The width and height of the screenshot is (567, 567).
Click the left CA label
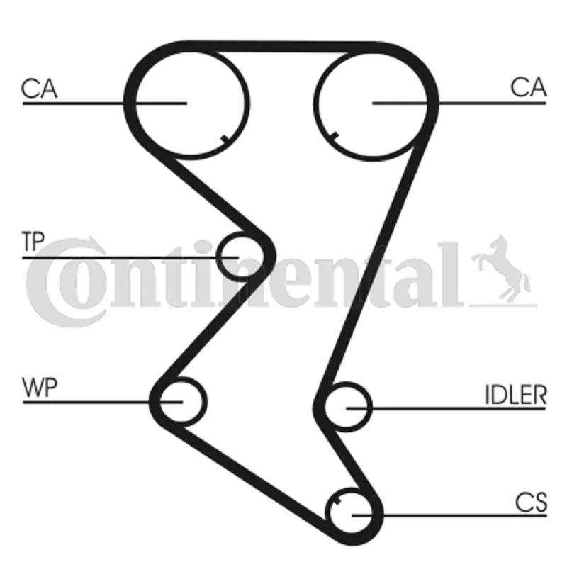[39, 88]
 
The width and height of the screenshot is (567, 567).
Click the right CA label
[528, 87]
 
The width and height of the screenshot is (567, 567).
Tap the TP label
[33, 241]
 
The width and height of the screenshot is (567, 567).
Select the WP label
[40, 387]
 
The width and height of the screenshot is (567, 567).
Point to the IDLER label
[516, 395]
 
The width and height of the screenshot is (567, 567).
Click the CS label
[531, 503]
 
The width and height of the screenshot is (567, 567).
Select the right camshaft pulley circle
[313, 105]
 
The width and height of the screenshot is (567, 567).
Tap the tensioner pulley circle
[217, 257]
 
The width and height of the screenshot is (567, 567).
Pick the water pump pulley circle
[207, 402]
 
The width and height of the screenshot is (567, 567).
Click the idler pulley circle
[371, 407]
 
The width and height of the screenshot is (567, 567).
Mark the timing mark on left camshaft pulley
[225, 139]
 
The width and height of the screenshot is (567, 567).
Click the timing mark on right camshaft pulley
[334, 136]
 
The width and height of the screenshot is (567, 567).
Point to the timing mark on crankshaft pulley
[337, 501]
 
